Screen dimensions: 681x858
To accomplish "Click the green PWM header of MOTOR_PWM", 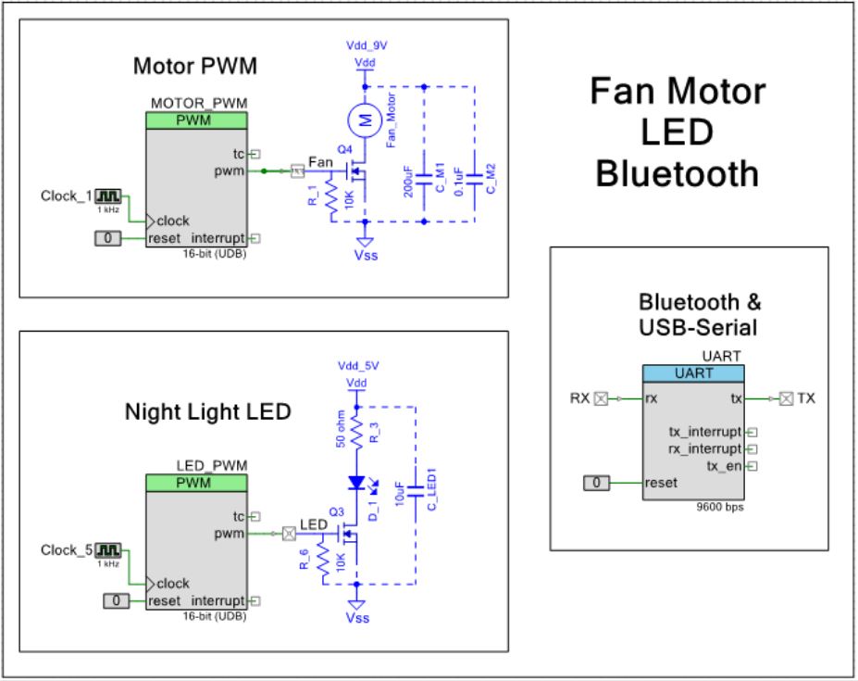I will click(195, 121).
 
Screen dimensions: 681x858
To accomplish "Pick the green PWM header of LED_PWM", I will click(195, 484).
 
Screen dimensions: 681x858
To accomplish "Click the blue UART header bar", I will click(693, 373).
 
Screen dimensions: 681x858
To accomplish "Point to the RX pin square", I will click(601, 399).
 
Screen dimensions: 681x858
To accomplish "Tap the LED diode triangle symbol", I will click(356, 483).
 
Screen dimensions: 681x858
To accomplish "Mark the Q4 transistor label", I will click(344, 149).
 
